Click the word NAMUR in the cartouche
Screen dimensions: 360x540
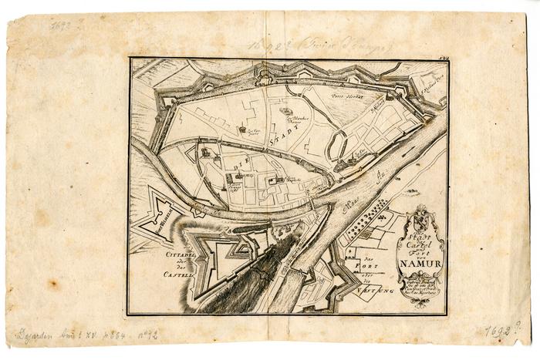pyautogui.click(x=420, y=268)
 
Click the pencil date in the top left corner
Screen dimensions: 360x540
pyautogui.click(x=63, y=25)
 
